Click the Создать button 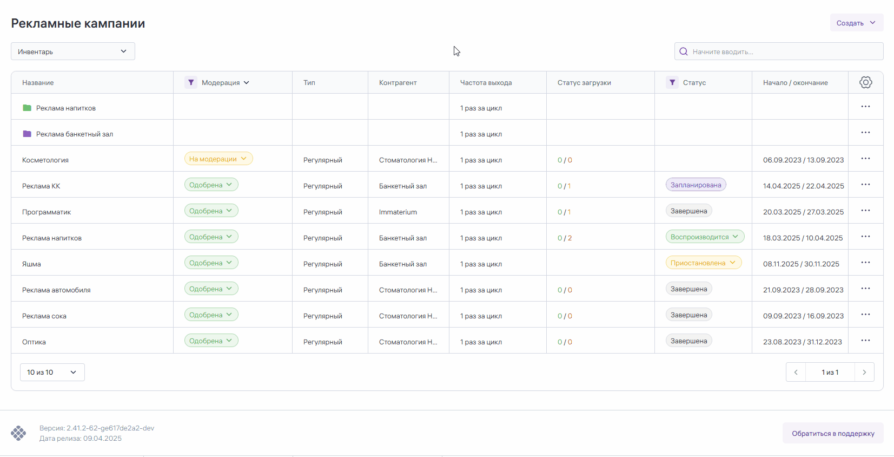click(856, 23)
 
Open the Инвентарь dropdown click(73, 51)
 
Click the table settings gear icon click(865, 82)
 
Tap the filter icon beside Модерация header click(190, 82)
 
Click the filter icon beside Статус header click(672, 82)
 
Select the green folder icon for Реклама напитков click(27, 108)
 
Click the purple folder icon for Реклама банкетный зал click(27, 134)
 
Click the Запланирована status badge click(696, 185)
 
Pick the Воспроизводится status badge click(704, 237)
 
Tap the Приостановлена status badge click(703, 263)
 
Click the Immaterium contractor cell click(398, 212)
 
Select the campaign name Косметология click(45, 160)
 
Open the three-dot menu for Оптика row click(865, 341)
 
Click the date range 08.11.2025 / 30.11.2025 click(801, 264)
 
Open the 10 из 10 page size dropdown click(52, 372)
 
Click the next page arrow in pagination click(864, 372)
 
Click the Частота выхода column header click(486, 82)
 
